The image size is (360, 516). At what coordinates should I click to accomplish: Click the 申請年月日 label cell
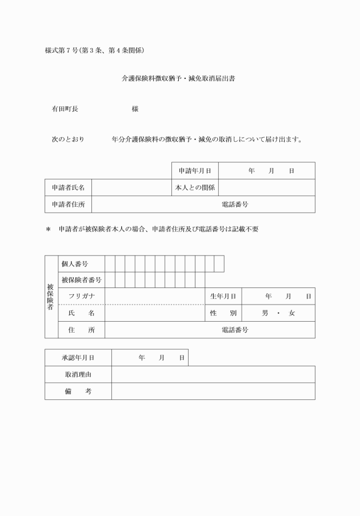click(195, 171)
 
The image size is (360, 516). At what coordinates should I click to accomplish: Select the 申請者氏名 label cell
click(68, 187)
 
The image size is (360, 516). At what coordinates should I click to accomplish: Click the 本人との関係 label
click(195, 187)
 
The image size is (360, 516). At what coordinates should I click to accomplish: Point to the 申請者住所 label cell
click(68, 204)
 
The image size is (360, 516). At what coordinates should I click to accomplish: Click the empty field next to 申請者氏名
click(131, 187)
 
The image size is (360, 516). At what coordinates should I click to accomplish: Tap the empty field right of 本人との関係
click(267, 187)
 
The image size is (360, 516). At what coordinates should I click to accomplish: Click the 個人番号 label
click(75, 263)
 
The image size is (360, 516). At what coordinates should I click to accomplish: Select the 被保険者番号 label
click(82, 280)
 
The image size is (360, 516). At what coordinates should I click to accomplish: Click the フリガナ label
click(82, 297)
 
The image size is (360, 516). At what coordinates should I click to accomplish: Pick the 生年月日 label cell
click(223, 297)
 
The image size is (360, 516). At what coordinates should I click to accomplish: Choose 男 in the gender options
click(265, 313)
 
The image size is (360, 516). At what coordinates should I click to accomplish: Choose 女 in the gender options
click(292, 313)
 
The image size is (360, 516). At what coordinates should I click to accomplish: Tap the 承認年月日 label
click(78, 358)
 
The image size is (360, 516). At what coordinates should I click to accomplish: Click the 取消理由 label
click(78, 374)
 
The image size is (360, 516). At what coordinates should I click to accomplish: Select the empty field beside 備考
click(213, 391)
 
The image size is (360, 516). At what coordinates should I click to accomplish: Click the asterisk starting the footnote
click(49, 230)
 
